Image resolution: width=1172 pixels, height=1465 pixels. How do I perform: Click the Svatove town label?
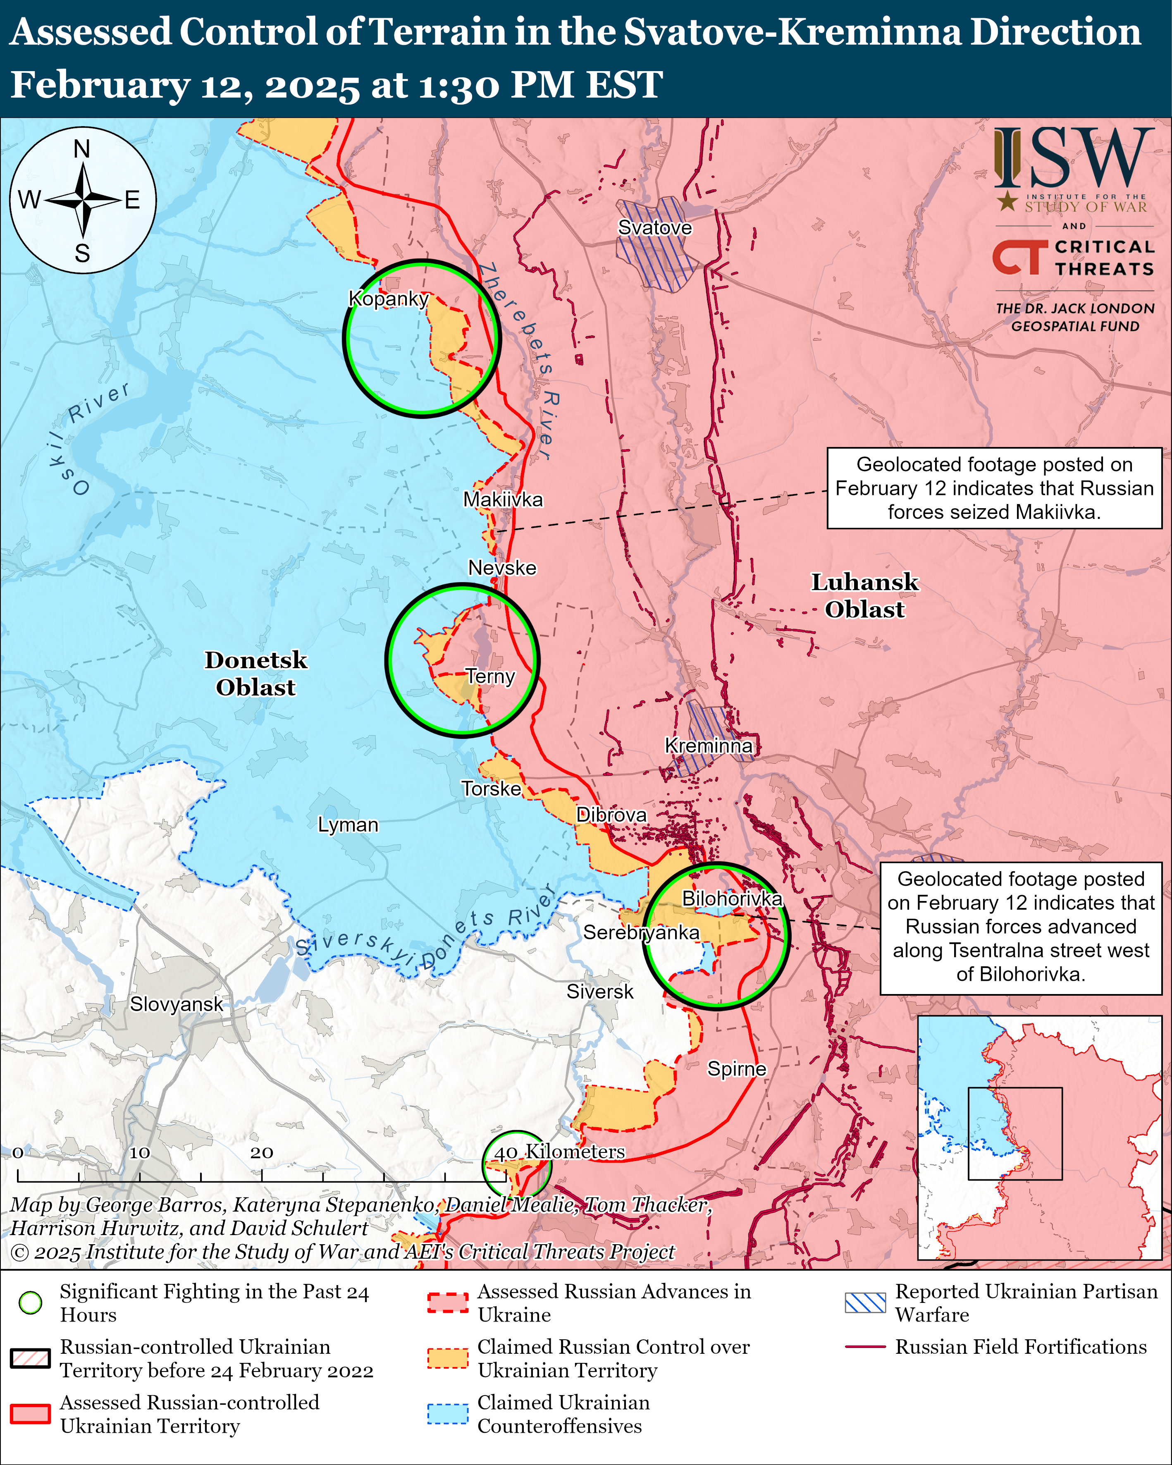click(x=654, y=228)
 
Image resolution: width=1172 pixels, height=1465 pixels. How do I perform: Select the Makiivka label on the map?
click(x=503, y=499)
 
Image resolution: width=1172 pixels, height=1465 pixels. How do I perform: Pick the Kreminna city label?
click(x=708, y=746)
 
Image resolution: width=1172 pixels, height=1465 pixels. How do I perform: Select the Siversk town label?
click(x=599, y=992)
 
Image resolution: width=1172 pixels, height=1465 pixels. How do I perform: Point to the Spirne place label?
click(x=737, y=1069)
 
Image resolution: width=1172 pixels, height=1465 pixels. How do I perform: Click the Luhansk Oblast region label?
click(x=864, y=595)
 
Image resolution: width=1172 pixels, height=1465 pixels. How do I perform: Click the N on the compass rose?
click(x=82, y=149)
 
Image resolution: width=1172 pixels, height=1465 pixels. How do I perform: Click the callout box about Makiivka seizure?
click(x=994, y=488)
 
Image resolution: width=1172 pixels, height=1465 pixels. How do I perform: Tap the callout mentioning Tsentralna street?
click(x=1021, y=927)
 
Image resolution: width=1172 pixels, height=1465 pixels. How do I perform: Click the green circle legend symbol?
click(x=31, y=1302)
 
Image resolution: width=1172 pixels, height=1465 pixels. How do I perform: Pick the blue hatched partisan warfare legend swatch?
click(x=865, y=1302)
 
